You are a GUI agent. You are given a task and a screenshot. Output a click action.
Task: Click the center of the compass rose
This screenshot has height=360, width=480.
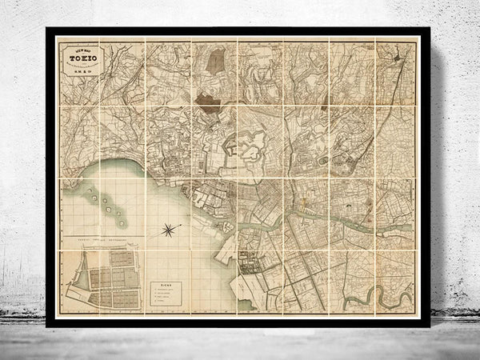(169, 231)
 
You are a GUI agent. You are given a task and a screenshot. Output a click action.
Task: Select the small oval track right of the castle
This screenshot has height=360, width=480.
(325, 160)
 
